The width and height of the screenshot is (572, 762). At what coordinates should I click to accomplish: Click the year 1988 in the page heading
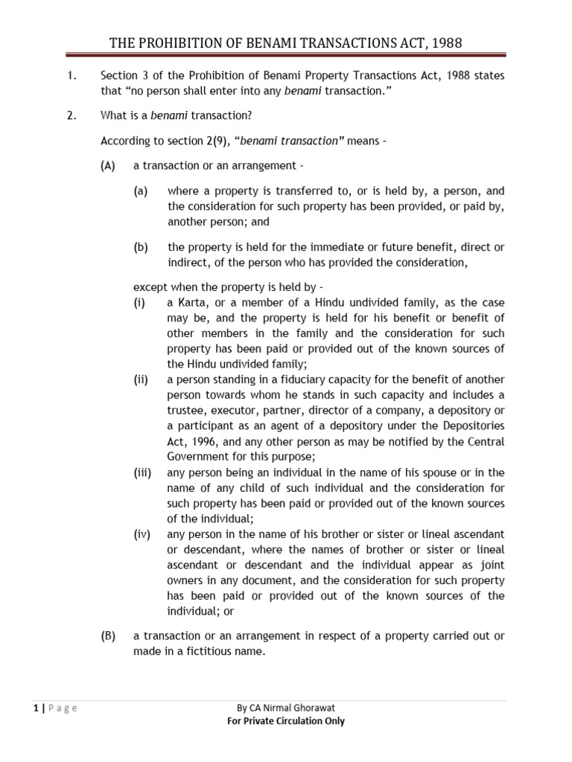click(444, 42)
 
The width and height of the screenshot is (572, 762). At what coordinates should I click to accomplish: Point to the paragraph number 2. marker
click(72, 115)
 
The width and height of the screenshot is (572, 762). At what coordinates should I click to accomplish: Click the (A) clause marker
click(109, 165)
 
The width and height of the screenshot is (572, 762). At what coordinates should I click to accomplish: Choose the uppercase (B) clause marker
click(109, 635)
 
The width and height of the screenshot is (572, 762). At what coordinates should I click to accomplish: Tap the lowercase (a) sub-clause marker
click(142, 190)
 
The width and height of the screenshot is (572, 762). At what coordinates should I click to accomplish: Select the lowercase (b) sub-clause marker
click(142, 247)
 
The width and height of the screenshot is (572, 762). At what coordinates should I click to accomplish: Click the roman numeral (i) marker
click(139, 302)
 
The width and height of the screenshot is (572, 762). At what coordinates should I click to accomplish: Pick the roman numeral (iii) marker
click(142, 473)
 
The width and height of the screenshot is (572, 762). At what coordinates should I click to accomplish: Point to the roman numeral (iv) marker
click(142, 534)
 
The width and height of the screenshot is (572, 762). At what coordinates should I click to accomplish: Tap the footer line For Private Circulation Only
click(285, 720)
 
